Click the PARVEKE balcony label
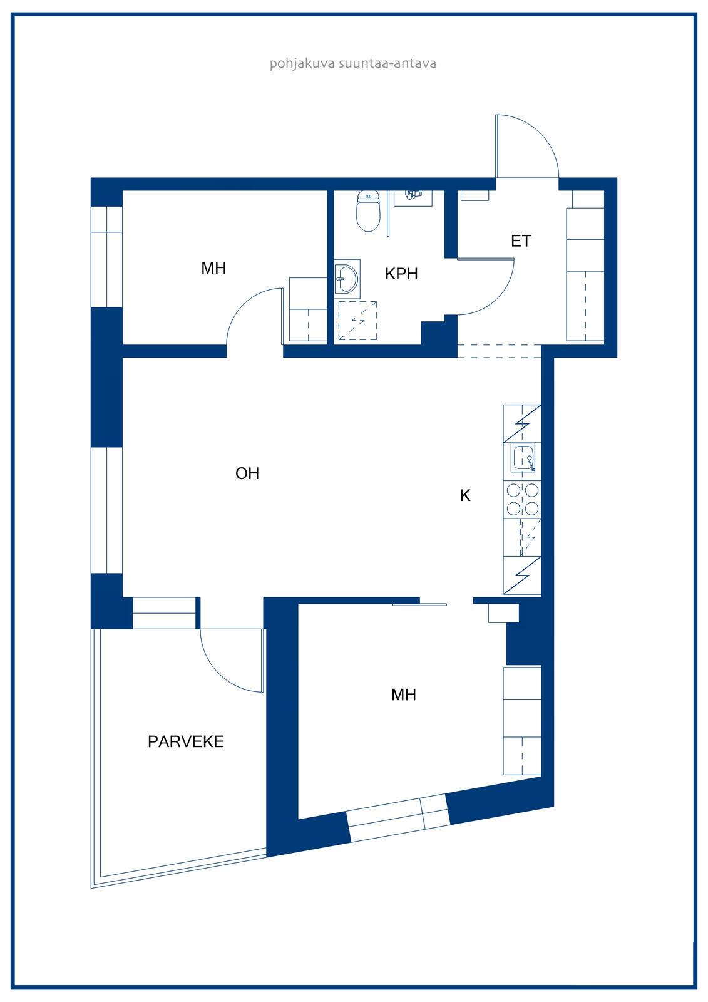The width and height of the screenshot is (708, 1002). pos(186,741)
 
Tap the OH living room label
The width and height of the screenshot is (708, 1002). pos(247,473)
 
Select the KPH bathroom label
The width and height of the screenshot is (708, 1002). pos(401,274)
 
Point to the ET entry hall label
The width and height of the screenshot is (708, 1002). pos(521,241)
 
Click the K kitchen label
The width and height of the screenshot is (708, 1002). pos(465,495)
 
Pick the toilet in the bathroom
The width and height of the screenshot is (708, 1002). pos(367,211)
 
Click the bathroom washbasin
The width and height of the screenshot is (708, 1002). pos(347,279)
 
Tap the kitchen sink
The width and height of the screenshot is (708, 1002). pos(523,458)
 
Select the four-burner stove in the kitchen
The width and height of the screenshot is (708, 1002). pos(522,500)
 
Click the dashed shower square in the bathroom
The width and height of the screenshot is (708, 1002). pos(357,321)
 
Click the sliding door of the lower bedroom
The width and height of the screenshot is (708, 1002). pos(419,605)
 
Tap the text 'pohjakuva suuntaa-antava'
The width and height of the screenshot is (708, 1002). pos(353,63)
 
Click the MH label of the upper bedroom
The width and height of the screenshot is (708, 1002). pos(213,269)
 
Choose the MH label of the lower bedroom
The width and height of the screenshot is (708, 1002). pos(403,695)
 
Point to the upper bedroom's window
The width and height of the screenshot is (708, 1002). pos(106,256)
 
